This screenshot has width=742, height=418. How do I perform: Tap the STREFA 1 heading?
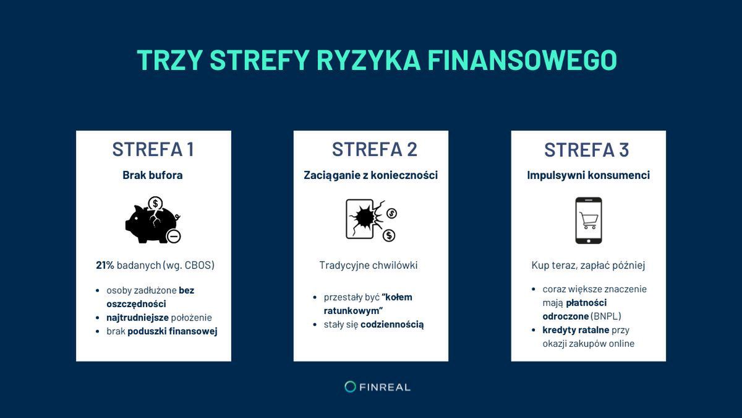(153, 149)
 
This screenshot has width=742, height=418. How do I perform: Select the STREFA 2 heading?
(374, 149)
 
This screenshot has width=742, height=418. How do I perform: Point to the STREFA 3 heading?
(587, 149)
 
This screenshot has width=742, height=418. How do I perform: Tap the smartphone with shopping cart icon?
(588, 221)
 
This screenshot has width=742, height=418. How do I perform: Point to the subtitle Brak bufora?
(153, 175)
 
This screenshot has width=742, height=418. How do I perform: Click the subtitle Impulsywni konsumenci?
(588, 175)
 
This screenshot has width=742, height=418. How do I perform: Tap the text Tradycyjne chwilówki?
(369, 265)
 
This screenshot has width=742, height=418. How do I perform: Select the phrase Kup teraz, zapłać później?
(588, 265)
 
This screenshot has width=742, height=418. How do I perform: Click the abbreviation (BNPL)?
(606, 316)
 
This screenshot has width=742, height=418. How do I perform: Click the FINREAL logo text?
(386, 387)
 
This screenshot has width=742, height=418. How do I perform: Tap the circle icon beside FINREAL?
(350, 387)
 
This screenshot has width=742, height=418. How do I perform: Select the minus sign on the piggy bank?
(174, 236)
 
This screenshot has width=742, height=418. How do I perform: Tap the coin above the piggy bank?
(156, 203)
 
